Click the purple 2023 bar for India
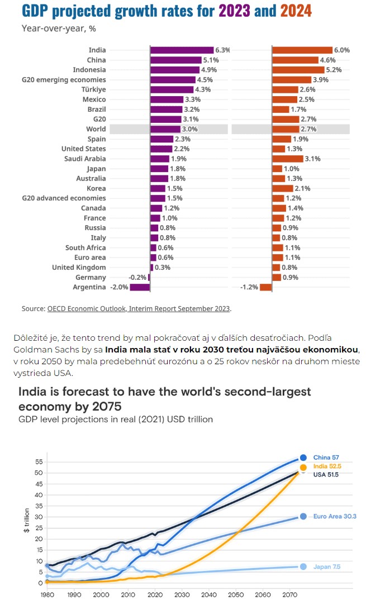tap(182, 50)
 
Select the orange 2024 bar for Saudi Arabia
tap(288, 159)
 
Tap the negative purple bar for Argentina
tap(140, 287)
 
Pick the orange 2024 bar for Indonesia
tap(298, 70)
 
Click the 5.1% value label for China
tap(211, 60)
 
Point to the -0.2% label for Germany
tap(137, 278)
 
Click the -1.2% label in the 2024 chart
tap(249, 287)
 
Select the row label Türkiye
tap(93, 89)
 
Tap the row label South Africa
tap(85, 247)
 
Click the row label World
tap(96, 129)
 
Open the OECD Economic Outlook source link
tap(139, 309)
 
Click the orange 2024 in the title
tap(296, 11)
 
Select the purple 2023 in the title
tap(235, 11)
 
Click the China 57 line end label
tap(326, 458)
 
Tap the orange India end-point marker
tap(303, 468)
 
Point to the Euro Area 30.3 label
tap(335, 516)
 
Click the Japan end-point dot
tap(303, 566)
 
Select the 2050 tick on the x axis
tap(236, 594)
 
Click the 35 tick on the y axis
tap(39, 506)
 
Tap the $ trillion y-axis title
tap(27, 520)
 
